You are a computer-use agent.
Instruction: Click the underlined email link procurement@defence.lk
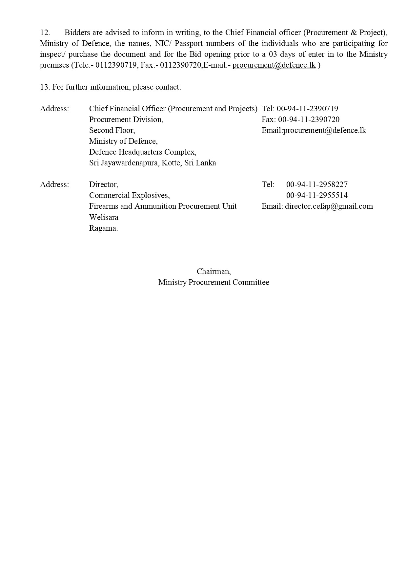tap(274, 65)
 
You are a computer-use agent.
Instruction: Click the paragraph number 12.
tap(45, 32)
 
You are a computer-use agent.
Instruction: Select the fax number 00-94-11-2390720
tap(309, 119)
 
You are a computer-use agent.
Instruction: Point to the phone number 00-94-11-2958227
tap(317, 184)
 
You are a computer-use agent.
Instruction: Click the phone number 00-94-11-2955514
tap(317, 195)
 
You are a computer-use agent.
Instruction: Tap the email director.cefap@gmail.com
tap(329, 206)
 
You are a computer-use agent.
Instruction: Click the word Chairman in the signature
tap(214, 271)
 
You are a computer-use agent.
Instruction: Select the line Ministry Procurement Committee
tap(214, 282)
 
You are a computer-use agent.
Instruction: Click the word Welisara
tap(104, 217)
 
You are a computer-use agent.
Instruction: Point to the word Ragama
tap(103, 228)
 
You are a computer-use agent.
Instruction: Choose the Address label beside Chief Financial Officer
tap(54, 109)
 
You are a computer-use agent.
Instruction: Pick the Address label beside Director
tap(54, 184)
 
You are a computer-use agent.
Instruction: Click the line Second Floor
tap(112, 130)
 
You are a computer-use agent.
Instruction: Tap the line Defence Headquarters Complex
tap(143, 152)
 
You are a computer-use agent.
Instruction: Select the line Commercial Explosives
tap(129, 195)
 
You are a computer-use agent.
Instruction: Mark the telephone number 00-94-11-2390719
tap(307, 109)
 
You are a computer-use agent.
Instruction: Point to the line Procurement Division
tap(126, 119)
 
